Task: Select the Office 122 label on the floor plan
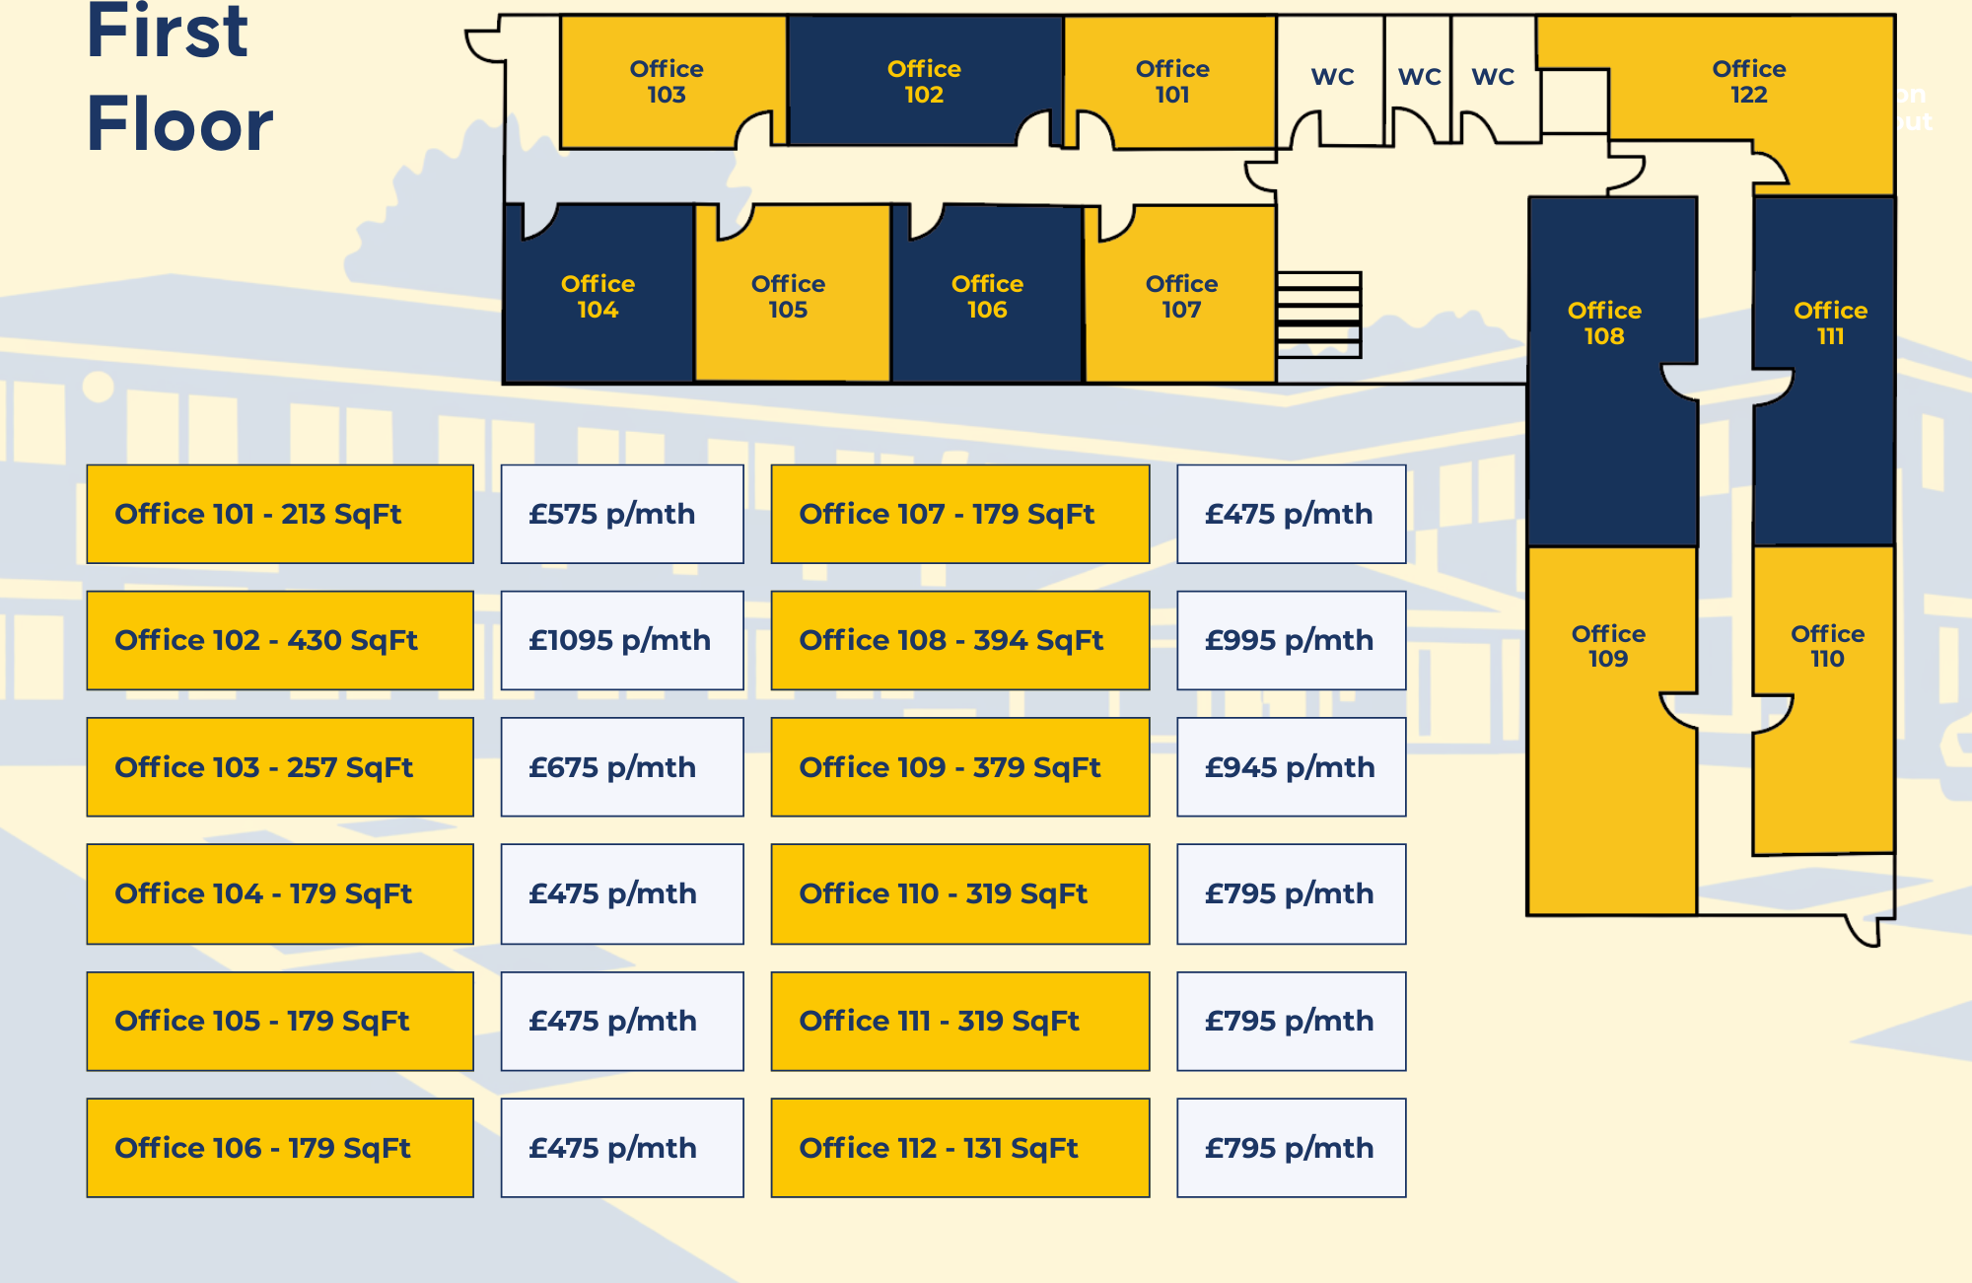1748,82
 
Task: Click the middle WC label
1419,77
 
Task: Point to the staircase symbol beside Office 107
1318,315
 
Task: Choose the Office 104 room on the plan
598,296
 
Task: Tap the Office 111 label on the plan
1830,323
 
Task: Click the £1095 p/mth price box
621,640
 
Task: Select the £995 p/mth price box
1291,640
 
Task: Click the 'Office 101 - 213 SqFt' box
280,514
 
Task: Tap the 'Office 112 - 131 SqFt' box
959,1148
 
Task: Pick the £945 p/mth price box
1291,767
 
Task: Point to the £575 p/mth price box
621,514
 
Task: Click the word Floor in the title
179,124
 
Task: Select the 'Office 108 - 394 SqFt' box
959,640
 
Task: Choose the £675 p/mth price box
621,767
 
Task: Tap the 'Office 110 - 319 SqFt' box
959,893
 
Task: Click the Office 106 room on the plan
987,296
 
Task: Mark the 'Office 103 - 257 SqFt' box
280,767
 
